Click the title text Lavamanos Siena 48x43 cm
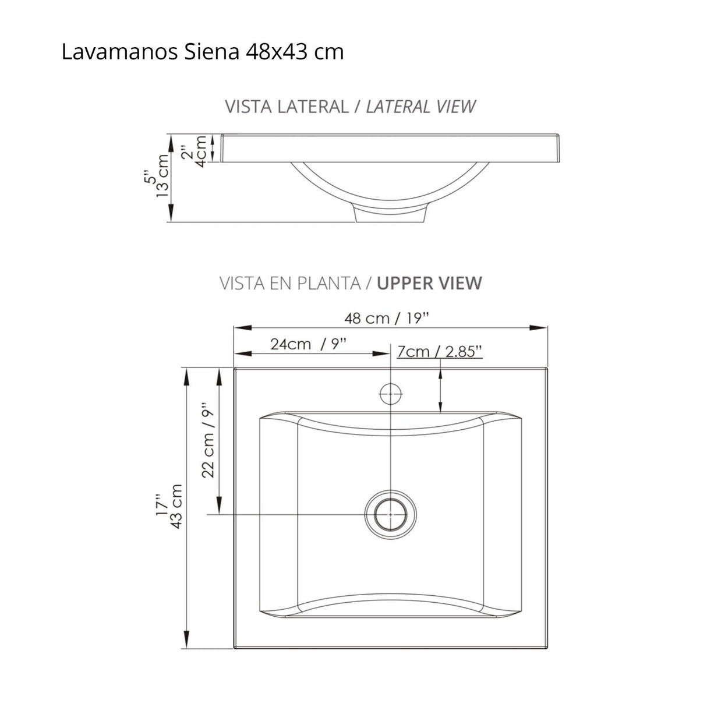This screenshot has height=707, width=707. (x=202, y=52)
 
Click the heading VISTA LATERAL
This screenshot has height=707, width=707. (x=286, y=107)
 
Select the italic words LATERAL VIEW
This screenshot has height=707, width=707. (x=420, y=107)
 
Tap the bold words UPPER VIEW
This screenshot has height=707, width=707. (x=429, y=283)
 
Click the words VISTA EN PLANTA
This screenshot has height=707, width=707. (x=289, y=283)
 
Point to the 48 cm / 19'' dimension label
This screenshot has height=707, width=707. (x=387, y=319)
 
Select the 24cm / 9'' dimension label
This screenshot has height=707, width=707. (x=309, y=344)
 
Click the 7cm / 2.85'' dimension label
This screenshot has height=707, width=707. (x=439, y=351)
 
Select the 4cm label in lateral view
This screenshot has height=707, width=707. (x=201, y=151)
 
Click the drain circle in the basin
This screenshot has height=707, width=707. (x=390, y=514)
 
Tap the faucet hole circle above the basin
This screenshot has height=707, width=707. (x=390, y=394)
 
